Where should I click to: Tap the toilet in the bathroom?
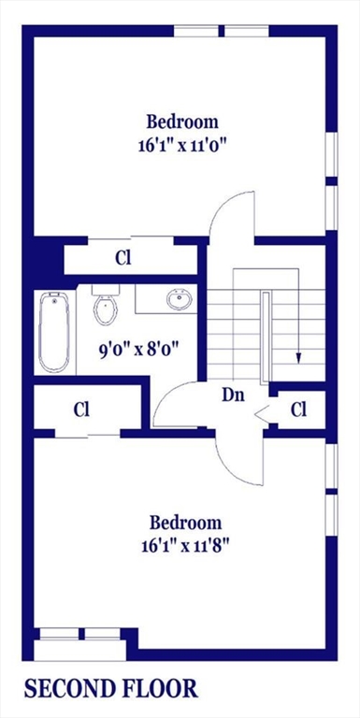coord(105,307)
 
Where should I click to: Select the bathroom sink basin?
coord(178,300)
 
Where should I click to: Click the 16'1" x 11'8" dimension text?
coord(183,545)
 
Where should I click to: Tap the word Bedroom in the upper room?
coord(181,122)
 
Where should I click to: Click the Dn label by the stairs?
coord(232,395)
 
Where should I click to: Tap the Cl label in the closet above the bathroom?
coord(122,257)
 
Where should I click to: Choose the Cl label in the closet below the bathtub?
coord(81,409)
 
